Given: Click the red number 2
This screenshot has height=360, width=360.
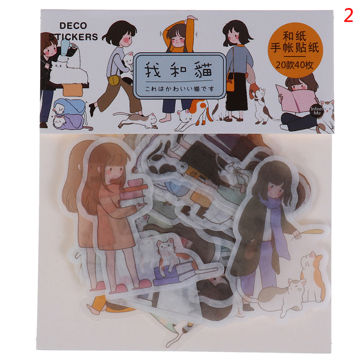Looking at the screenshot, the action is (x=348, y=15).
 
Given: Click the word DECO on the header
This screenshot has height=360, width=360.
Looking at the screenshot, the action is (x=73, y=26).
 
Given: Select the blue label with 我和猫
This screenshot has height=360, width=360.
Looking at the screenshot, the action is (x=180, y=76).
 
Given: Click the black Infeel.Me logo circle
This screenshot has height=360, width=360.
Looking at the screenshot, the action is (x=317, y=111).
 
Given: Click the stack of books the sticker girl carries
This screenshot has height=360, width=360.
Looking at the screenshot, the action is (x=134, y=193).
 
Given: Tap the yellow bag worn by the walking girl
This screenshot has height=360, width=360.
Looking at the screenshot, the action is (x=114, y=81).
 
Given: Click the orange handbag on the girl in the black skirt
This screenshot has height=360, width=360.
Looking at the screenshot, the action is (x=230, y=85).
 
